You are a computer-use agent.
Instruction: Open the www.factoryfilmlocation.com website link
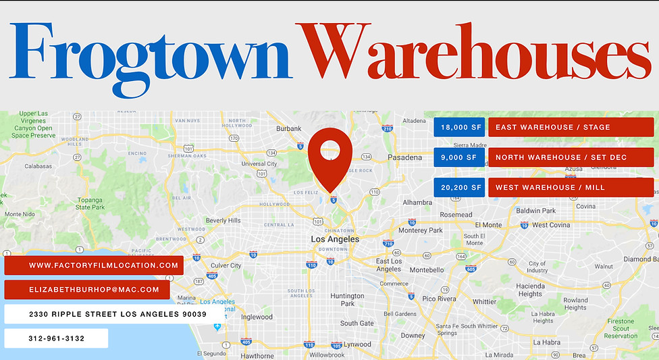[x=94, y=265]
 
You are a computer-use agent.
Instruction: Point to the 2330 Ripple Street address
[x=113, y=314]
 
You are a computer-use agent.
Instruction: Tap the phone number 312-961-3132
[x=57, y=338]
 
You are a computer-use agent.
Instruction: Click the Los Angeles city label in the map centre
[x=334, y=239]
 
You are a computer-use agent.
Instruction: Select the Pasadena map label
[x=404, y=157]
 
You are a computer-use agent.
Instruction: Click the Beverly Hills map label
[x=223, y=220]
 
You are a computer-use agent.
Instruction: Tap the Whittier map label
[x=484, y=302]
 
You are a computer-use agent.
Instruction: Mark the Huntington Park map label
[x=347, y=300]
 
